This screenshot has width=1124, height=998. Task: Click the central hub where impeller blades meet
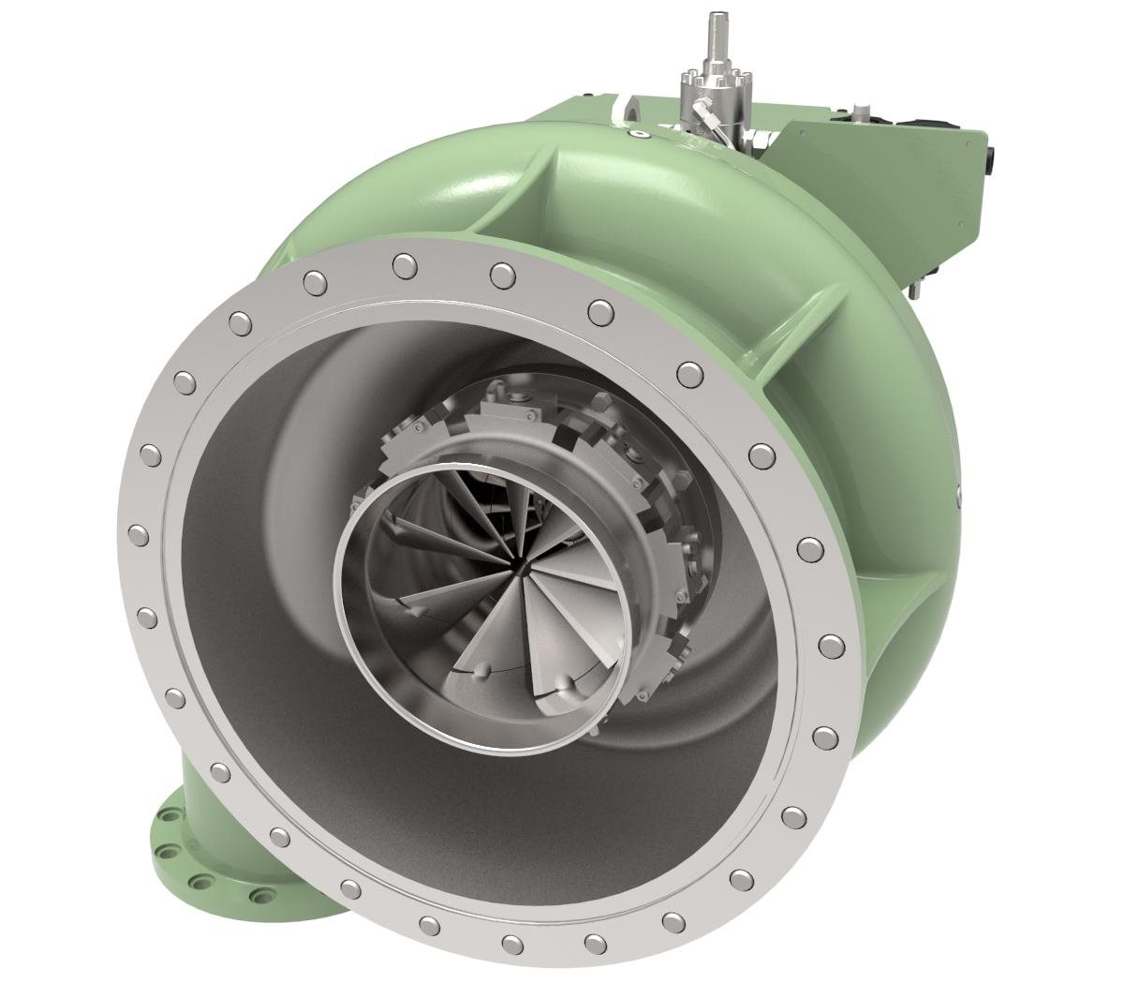[x=521, y=568]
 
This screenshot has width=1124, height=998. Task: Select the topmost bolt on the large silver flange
[x=405, y=264]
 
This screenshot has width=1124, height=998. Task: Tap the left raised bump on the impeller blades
[x=483, y=670]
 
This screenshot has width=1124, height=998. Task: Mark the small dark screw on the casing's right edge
[x=958, y=489]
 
